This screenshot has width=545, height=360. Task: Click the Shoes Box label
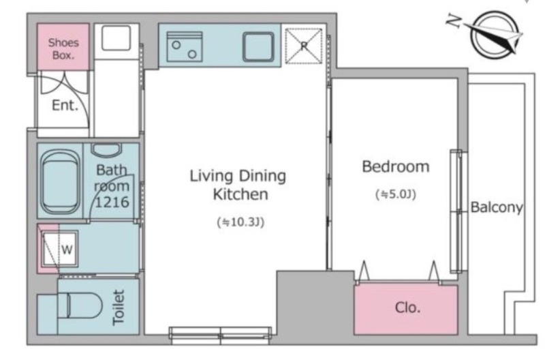pos(63,48)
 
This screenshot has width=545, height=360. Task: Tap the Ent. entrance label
pos(65,105)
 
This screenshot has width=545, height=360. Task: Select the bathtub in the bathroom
pos(60,181)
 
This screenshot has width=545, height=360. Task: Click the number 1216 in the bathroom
pos(112,202)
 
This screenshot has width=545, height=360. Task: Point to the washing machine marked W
pos(60,248)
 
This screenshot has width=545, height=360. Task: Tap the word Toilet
pos(119,307)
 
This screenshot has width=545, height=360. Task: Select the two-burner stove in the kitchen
pos(184,46)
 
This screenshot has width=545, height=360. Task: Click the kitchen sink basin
pos(258,47)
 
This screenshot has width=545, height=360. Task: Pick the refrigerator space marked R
pos(303,46)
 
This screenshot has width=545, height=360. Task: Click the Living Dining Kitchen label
pos(238,185)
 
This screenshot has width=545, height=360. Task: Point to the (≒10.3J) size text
pos(240,222)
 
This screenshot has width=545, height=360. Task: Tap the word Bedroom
pos(396,166)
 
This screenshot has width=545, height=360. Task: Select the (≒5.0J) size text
pos(396,194)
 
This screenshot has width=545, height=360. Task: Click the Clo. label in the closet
pos(407,307)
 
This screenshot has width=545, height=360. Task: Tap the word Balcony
pos(497,207)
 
